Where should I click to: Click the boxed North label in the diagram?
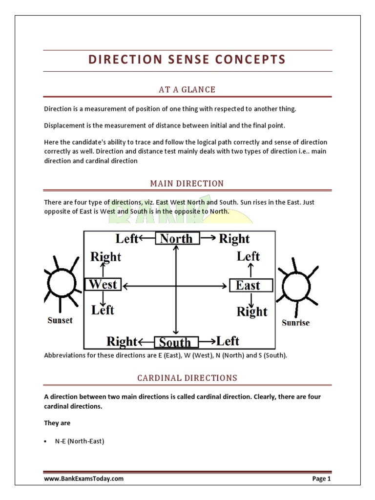[x=177, y=238]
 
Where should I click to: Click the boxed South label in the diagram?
[x=176, y=341]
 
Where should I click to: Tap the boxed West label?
[x=103, y=285]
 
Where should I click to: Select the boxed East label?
[x=250, y=285]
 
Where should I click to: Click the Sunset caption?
[x=60, y=320]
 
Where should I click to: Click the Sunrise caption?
[x=296, y=323]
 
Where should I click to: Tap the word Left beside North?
[x=127, y=238]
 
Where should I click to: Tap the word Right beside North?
[x=234, y=239]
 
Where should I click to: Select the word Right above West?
[x=106, y=256]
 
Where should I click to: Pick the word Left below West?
[x=103, y=310]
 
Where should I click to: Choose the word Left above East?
[x=249, y=256]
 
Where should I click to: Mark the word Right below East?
[x=252, y=312]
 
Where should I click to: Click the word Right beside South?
[x=122, y=341]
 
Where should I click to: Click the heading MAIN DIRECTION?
[x=187, y=184]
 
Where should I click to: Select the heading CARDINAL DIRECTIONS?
[x=187, y=378]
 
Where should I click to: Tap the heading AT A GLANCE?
[x=187, y=89]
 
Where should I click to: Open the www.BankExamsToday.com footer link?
[x=83, y=479]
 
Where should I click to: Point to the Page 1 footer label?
[x=321, y=479]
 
